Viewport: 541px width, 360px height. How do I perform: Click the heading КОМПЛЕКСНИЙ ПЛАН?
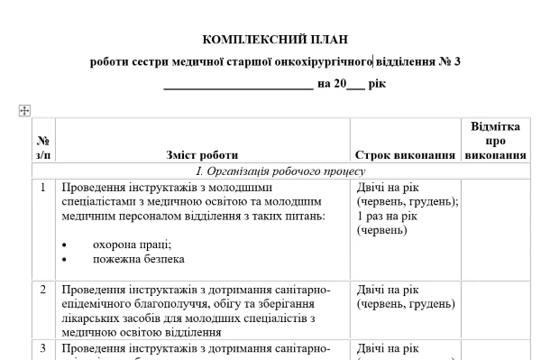coord(275,40)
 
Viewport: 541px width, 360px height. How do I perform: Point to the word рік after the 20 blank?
coord(378,84)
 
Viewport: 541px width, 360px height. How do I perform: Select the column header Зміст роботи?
coord(203,155)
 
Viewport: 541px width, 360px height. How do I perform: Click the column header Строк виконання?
coord(405,155)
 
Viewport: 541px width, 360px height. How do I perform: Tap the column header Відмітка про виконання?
coord(495,141)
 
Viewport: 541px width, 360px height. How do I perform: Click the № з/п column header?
coord(43,148)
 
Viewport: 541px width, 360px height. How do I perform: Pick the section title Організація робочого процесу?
coord(280,171)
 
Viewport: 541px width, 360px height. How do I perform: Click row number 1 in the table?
coord(43,188)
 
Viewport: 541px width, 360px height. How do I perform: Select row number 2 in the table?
coord(43,290)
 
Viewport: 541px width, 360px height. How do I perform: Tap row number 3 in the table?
coord(43,347)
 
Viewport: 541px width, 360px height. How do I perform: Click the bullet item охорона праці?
coord(132,245)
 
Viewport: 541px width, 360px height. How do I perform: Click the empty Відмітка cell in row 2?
coord(495,309)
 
